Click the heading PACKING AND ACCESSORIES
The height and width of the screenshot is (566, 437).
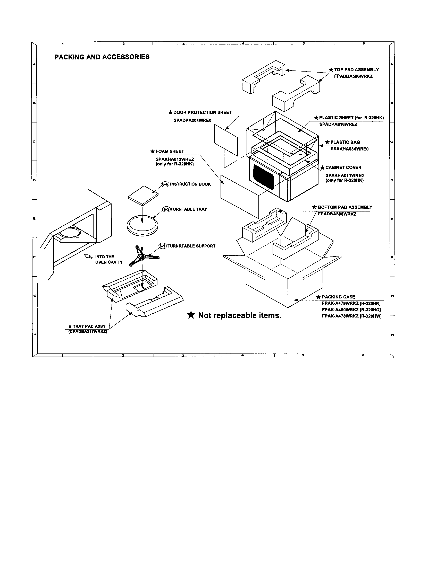pos(102,57)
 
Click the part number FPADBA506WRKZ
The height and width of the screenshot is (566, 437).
pos(353,76)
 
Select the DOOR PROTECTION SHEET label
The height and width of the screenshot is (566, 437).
pos(202,112)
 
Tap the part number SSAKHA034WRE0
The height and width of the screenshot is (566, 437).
pos(349,149)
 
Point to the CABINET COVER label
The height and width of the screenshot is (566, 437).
pos(343,167)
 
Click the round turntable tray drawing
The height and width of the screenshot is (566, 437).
pos(142,225)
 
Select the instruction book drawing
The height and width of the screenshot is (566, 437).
pos(143,195)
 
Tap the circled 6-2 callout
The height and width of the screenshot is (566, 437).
pos(166,209)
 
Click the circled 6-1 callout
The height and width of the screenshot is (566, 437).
pos(163,246)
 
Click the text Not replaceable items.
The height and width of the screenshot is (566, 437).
pos(240,315)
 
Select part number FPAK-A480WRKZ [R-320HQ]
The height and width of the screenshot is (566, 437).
pos(351,310)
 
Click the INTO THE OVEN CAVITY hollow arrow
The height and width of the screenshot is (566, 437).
pos(88,256)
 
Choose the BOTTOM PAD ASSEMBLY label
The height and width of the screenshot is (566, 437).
pos(344,207)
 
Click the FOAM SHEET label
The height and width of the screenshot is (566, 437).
pos(170,151)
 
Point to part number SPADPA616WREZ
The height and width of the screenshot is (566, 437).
pos(338,125)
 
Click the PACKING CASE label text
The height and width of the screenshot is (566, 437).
pos(338,297)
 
